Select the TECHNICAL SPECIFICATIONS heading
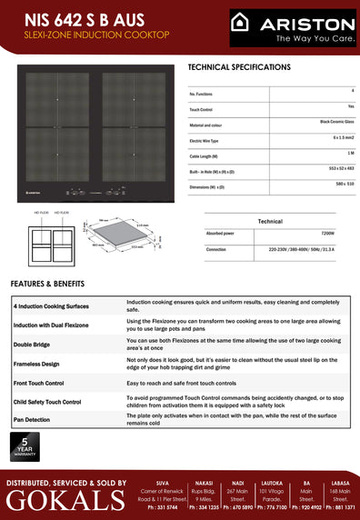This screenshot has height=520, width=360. point(239,67)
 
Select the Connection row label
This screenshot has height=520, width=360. point(216,249)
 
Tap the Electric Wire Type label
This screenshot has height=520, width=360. point(210,141)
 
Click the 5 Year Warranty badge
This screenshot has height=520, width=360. point(23,446)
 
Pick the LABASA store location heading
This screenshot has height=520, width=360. point(342,484)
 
